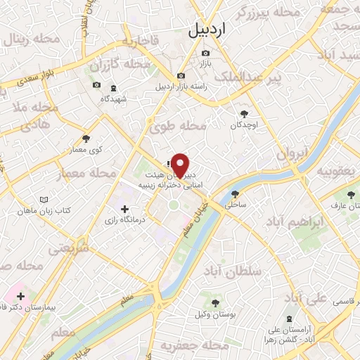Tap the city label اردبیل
(209, 30)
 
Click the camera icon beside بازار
(205, 53)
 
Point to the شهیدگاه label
(113, 99)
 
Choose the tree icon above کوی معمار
(86, 139)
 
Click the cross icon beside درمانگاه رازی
(125, 209)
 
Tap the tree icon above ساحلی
(234, 193)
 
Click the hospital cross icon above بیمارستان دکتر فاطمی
(20, 297)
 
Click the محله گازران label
(126, 65)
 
